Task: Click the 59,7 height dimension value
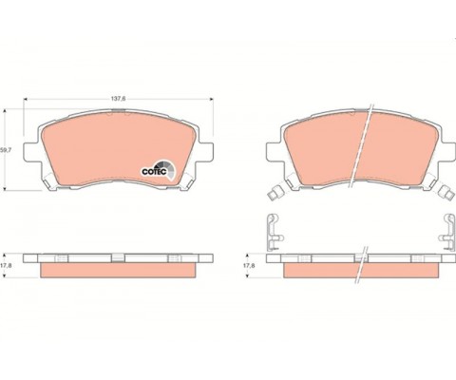9,150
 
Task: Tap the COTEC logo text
153,172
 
